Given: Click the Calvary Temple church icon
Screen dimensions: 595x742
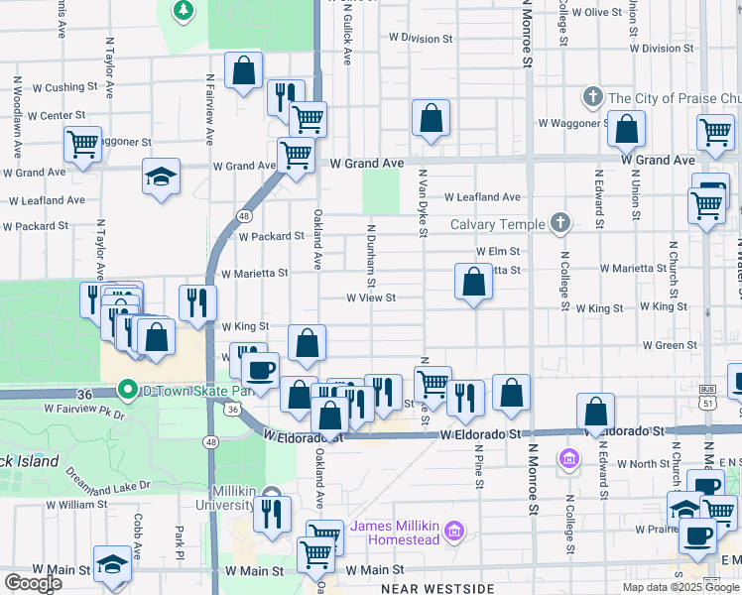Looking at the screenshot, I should point(560,223).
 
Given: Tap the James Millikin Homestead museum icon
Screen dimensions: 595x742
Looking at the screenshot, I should point(454,532).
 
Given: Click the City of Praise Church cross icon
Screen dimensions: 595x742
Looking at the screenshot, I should point(593,97).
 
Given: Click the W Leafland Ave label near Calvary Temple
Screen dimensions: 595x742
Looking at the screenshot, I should point(482,197).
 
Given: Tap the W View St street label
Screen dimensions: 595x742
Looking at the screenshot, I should point(371,297).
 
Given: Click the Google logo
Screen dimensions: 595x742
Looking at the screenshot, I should point(33,583).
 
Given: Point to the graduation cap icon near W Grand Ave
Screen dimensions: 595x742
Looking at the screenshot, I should point(161,177).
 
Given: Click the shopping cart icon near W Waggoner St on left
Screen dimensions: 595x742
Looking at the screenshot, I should point(83,143).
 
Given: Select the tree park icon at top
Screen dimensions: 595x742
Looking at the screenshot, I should point(183,11).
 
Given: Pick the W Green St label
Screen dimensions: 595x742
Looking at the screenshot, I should point(670,345).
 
